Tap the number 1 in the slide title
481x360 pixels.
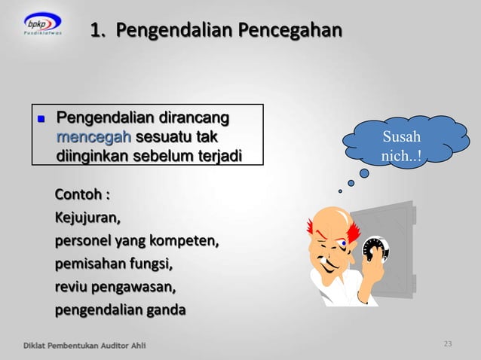click(x=96, y=31)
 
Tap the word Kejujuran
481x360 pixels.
click(x=86, y=218)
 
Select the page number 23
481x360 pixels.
click(x=448, y=344)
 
